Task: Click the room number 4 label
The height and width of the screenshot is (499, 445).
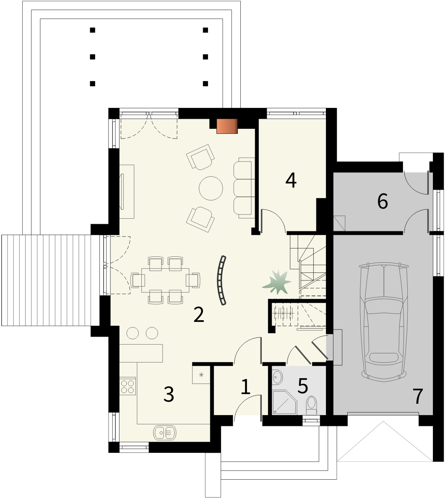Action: (x=291, y=180)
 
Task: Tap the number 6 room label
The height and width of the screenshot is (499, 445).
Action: (x=383, y=201)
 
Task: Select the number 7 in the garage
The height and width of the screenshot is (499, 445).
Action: (x=418, y=396)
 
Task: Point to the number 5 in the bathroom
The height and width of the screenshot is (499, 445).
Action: (x=303, y=386)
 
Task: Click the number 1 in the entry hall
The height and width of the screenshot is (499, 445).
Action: (x=245, y=387)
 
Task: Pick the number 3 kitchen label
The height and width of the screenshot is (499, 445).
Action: (x=169, y=394)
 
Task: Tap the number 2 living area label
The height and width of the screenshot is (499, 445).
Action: (x=198, y=314)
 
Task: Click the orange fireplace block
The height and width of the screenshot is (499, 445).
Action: (x=227, y=126)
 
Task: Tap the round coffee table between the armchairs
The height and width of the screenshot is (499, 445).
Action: (x=211, y=188)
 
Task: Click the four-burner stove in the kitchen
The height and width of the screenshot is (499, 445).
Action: (x=128, y=387)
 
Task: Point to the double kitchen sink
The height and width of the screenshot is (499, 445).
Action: (x=165, y=433)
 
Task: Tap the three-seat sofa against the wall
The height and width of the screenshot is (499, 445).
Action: (x=244, y=188)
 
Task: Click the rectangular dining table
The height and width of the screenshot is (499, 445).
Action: (x=165, y=280)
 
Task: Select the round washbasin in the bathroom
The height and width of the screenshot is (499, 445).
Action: (x=277, y=377)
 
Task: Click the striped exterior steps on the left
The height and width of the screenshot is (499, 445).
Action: (x=47, y=280)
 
